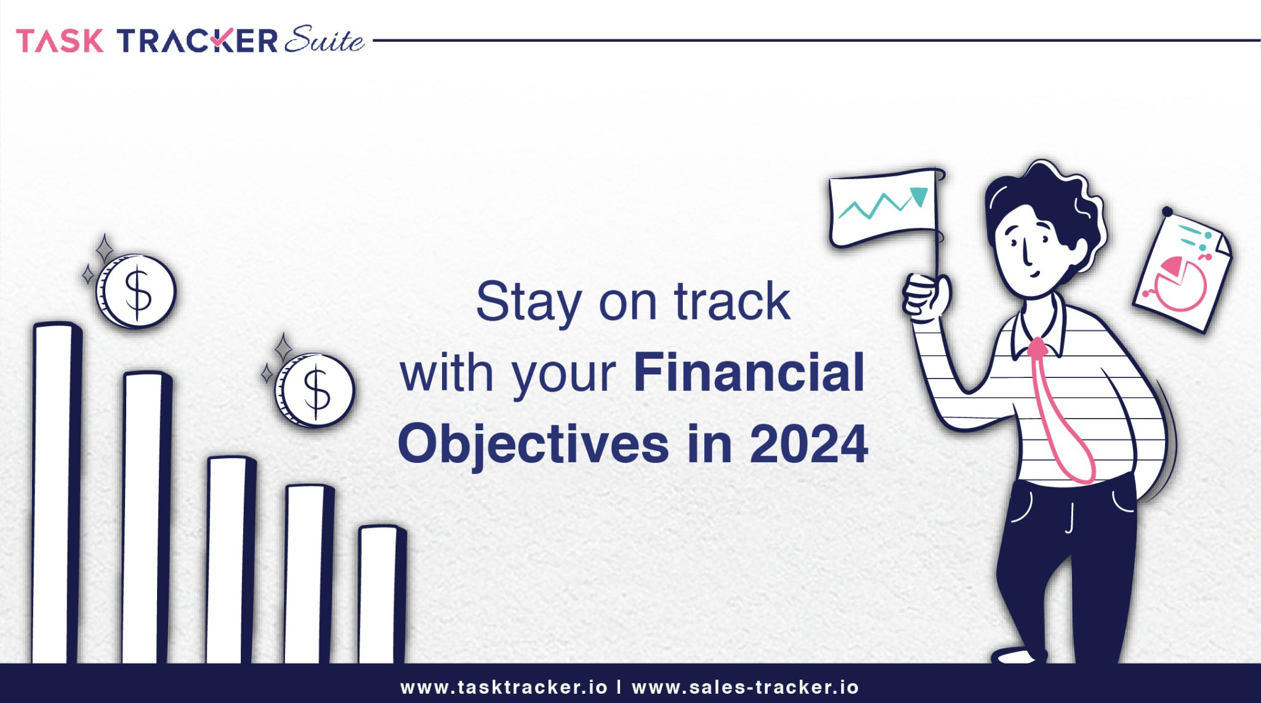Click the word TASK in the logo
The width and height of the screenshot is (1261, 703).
pos(60,41)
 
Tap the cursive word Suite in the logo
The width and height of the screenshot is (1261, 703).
pos(324,41)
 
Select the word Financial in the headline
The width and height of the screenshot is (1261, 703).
pos(749,373)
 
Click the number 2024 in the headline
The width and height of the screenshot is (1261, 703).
pos(808,444)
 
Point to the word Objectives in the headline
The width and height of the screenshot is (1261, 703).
pos(533,444)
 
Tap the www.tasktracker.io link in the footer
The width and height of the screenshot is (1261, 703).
pos(504,687)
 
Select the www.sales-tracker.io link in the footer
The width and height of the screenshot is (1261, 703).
pos(745,687)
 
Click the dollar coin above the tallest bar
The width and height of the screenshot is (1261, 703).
pos(137,291)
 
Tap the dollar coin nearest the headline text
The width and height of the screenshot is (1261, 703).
pos(315,390)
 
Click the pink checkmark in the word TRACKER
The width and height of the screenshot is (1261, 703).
pos(219,41)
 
